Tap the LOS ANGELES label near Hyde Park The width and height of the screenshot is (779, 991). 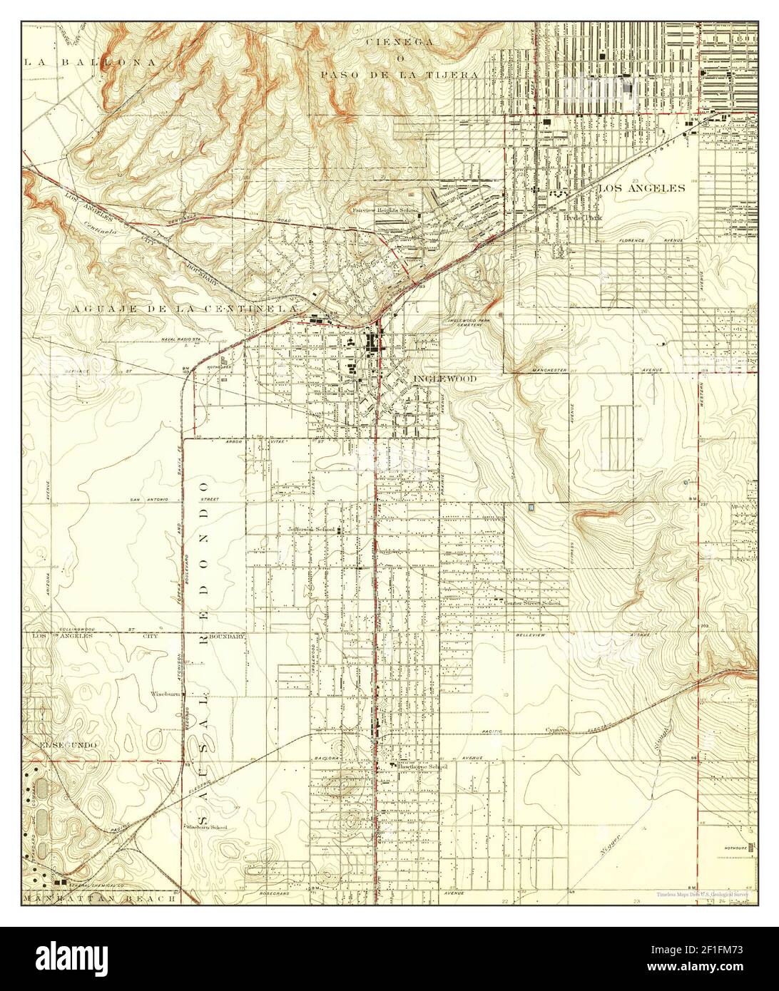click(x=641, y=188)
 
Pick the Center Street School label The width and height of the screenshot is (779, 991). click(x=531, y=603)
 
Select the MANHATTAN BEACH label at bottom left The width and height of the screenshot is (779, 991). click(x=99, y=898)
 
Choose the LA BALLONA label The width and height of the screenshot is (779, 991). click(x=90, y=62)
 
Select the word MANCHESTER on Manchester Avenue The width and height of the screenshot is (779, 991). click(x=550, y=371)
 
